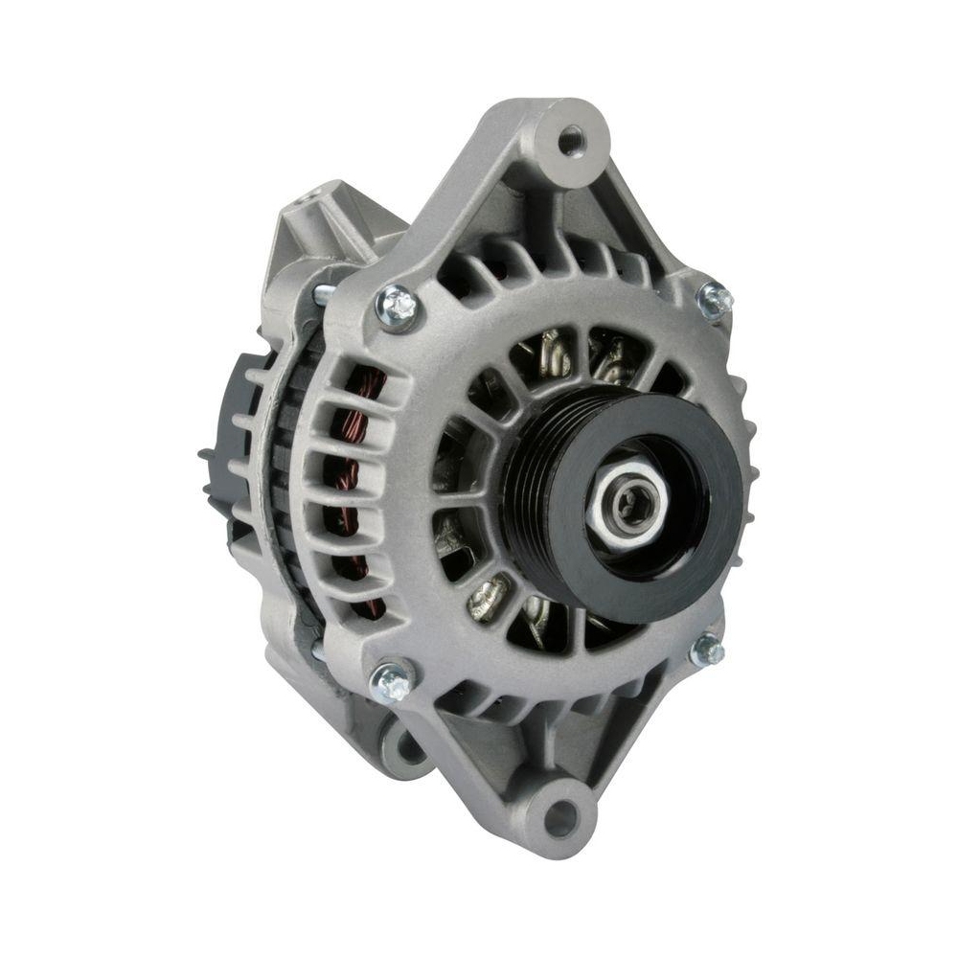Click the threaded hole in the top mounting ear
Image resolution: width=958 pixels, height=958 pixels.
[x=572, y=141]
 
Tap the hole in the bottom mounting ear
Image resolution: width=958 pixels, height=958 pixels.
[x=560, y=816]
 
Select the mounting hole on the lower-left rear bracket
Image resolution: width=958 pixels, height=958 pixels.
[x=403, y=744]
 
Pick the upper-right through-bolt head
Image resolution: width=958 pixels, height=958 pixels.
[x=714, y=300]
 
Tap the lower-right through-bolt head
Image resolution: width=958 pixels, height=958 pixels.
[x=707, y=651]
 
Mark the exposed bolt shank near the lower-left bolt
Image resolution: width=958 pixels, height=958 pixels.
[x=319, y=651]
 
